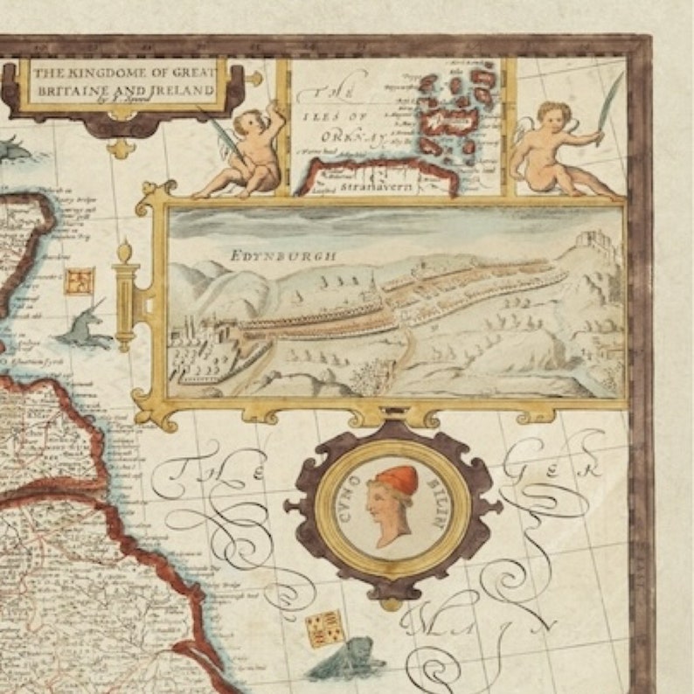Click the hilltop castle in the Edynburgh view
tap(596, 236)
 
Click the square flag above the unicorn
tap(79, 281)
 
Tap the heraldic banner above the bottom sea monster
tap(320, 628)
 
